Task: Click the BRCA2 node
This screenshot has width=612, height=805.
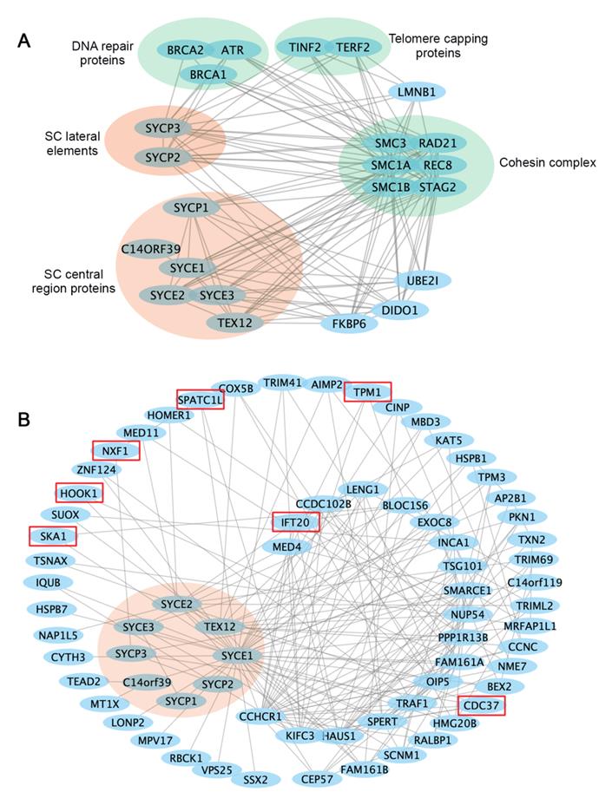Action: click(x=186, y=50)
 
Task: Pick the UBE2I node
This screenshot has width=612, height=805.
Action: click(x=422, y=280)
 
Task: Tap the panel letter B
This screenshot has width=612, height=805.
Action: click(x=26, y=419)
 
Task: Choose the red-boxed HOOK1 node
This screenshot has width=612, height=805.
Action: click(x=78, y=493)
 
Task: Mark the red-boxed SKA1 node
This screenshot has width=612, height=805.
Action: click(x=52, y=536)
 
